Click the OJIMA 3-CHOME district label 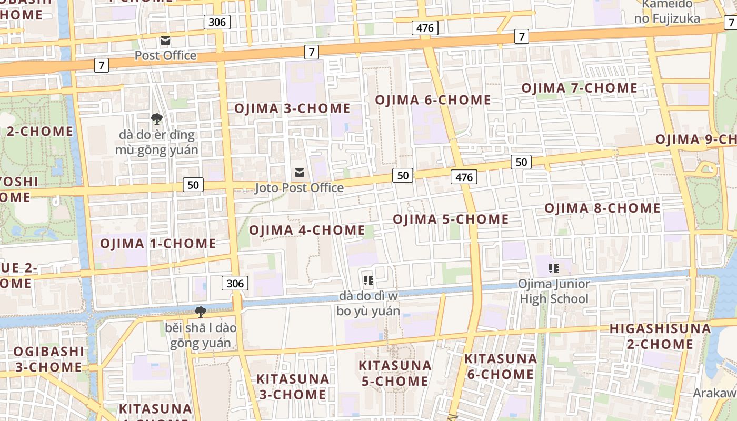tap(292, 108)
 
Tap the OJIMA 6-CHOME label tap(433, 100)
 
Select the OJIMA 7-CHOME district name tap(579, 88)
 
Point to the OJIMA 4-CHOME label tap(307, 230)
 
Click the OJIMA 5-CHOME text tap(451, 219)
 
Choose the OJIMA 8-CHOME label tap(602, 208)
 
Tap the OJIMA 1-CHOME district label tap(158, 243)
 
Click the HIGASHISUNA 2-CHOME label tap(660, 336)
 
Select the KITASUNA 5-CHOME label tap(395, 373)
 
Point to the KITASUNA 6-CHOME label tap(500, 366)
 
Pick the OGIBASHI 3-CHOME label tap(48, 359)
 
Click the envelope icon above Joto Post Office tap(300, 173)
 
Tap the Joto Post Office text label tap(299, 188)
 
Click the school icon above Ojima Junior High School tap(553, 268)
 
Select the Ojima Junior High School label tap(554, 292)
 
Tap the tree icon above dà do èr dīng tap(156, 119)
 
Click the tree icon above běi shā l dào tap(200, 312)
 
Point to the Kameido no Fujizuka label tap(667, 12)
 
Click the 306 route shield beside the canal tap(235, 284)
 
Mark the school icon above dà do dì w tap(368, 280)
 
